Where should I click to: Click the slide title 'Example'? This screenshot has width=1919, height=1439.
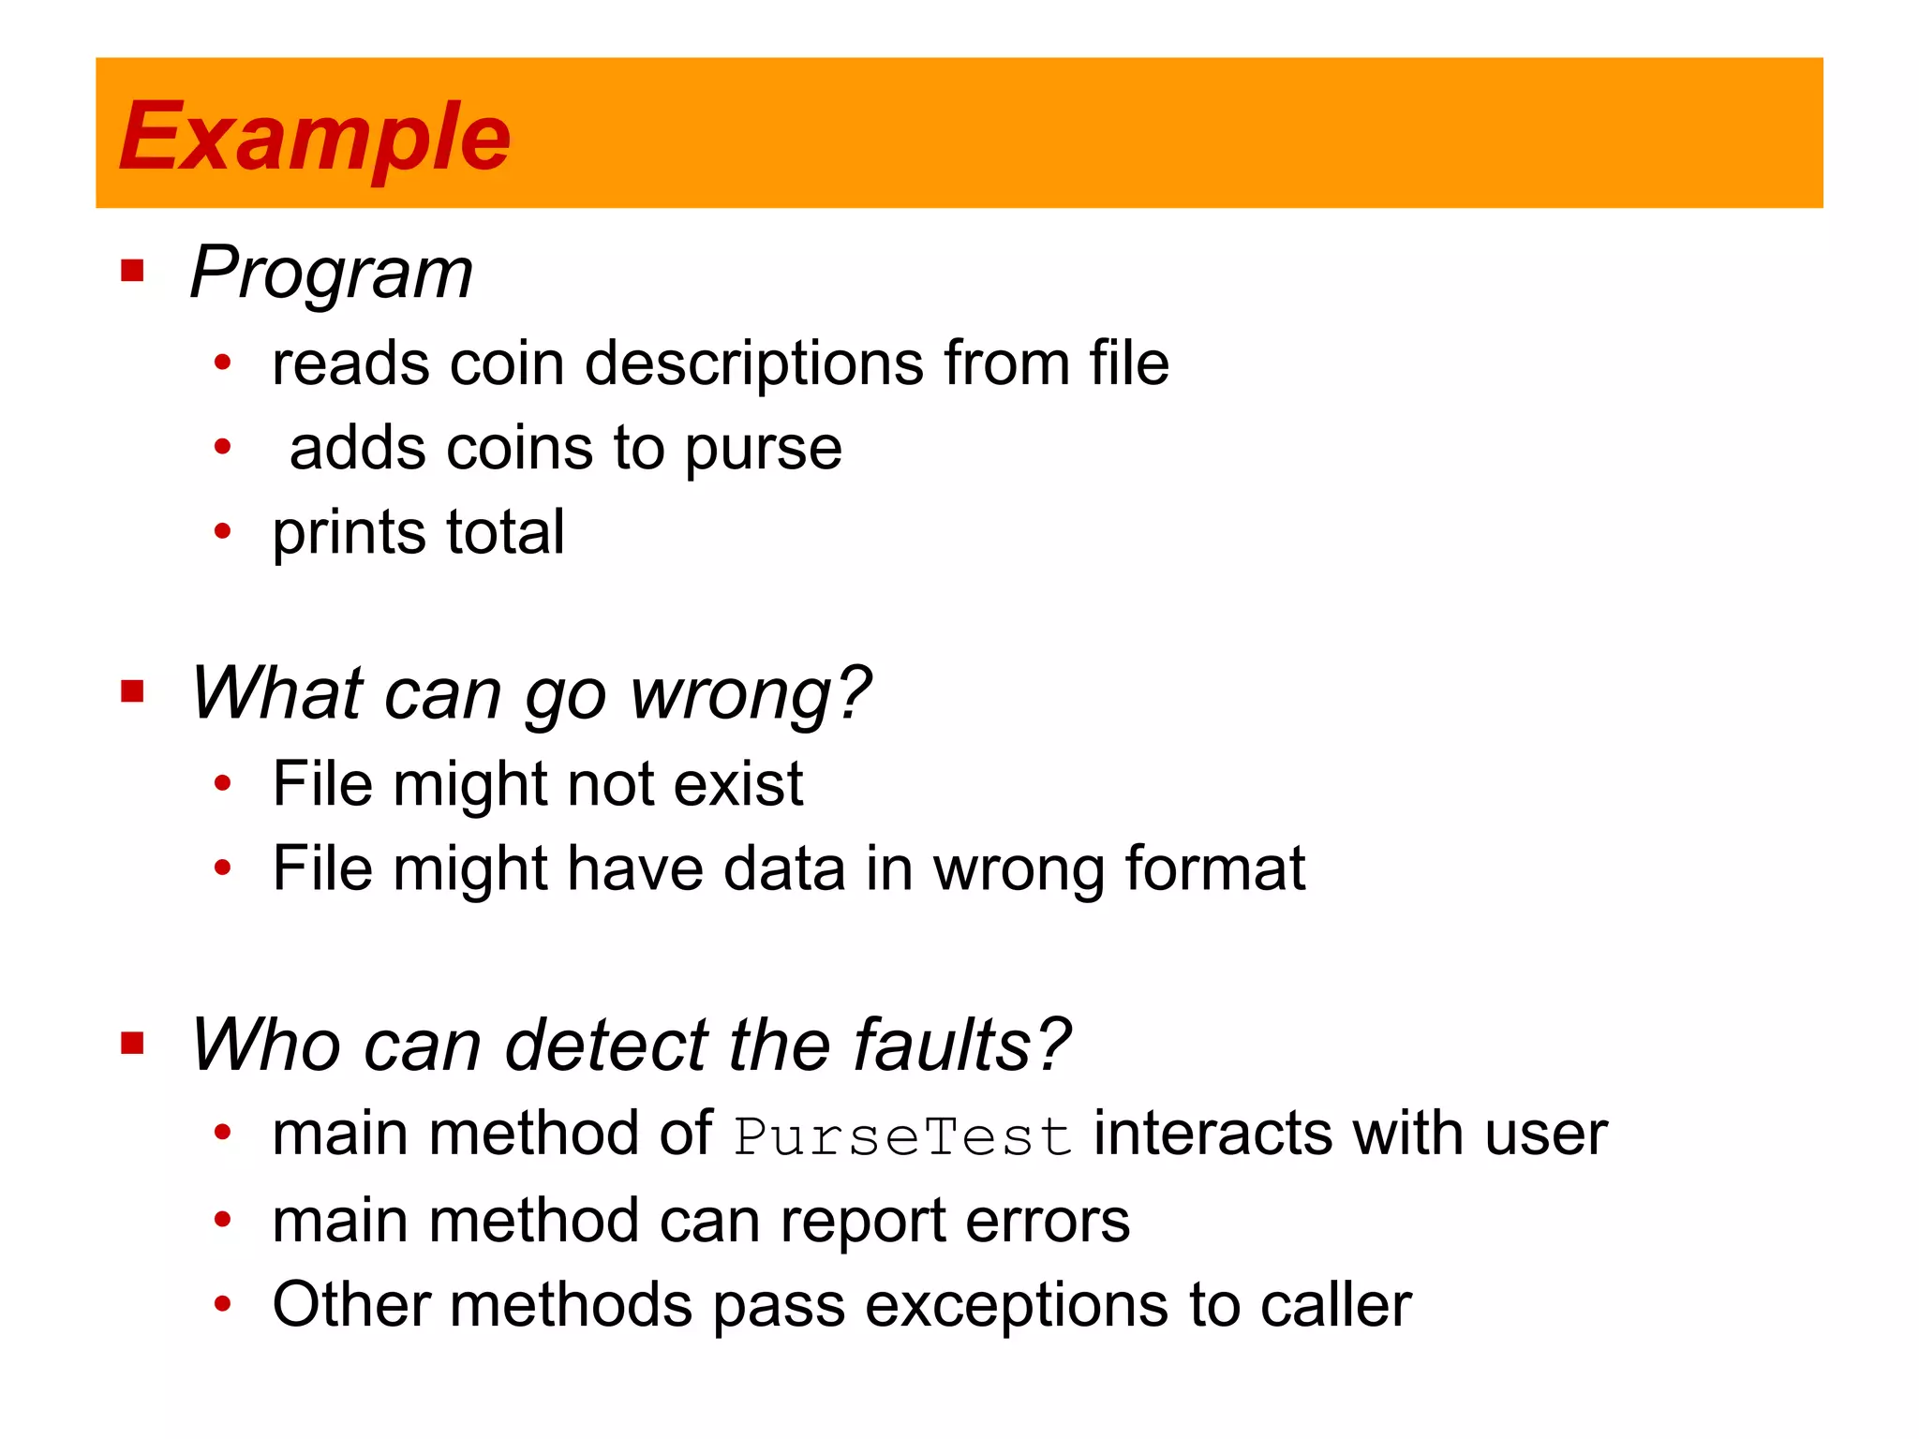coord(315,137)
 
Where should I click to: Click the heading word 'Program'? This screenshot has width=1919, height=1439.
coord(331,273)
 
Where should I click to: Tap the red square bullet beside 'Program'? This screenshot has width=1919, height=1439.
coord(132,272)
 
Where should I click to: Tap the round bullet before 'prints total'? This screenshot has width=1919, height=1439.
coord(222,532)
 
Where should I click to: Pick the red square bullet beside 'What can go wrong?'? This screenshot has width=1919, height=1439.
coord(132,692)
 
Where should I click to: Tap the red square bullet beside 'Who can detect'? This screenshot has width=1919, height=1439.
coord(132,1043)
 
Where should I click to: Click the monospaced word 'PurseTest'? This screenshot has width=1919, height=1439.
coord(902,1136)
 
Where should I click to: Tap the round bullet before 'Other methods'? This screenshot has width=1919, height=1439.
coord(222,1304)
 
